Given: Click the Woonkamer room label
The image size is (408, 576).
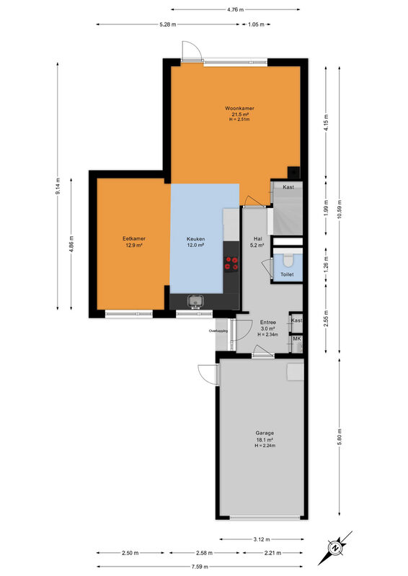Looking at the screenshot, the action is pyautogui.click(x=239, y=109).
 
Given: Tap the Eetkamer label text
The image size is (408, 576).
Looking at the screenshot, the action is pyautogui.click(x=134, y=239).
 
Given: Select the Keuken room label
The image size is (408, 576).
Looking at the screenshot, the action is pyautogui.click(x=196, y=239).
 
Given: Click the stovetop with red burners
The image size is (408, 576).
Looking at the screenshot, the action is pyautogui.click(x=231, y=264).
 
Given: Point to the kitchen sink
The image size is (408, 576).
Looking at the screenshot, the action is pyautogui.click(x=195, y=300).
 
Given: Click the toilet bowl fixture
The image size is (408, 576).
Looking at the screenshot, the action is pyautogui.click(x=288, y=260).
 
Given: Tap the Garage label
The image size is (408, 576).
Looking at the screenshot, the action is pyautogui.click(x=265, y=433).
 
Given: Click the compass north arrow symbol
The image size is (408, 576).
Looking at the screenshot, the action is pyautogui.click(x=335, y=548).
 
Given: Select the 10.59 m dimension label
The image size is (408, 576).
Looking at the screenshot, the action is pyautogui.click(x=340, y=209).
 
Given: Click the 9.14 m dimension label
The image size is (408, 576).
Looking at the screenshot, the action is pyautogui.click(x=58, y=186).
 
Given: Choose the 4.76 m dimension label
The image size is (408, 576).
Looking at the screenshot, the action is pyautogui.click(x=236, y=9).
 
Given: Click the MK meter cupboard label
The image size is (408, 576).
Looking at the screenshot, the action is pyautogui.click(x=297, y=338).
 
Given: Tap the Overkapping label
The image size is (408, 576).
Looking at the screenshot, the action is pyautogui.click(x=218, y=330).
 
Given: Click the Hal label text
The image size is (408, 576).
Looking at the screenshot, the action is pyautogui.click(x=258, y=239).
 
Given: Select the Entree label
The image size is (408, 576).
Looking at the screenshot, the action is pyautogui.click(x=268, y=322).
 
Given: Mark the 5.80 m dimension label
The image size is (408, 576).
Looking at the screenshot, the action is pyautogui.click(x=340, y=436).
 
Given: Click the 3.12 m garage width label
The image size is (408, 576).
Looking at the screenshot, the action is pyautogui.click(x=262, y=539).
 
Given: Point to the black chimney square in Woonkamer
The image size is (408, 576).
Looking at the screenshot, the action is pyautogui.click(x=293, y=172).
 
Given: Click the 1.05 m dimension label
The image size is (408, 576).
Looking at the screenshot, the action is pyautogui.click(x=256, y=24).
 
